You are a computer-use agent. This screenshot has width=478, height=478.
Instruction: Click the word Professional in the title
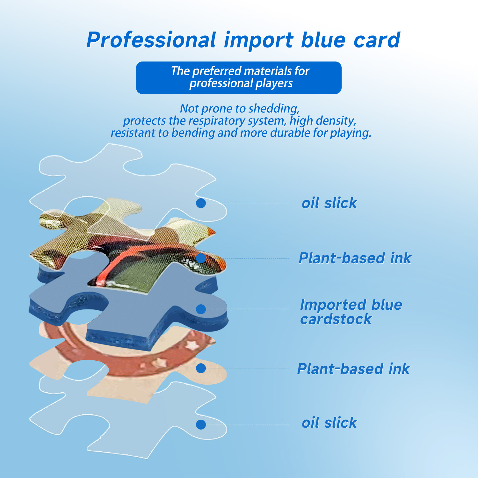coord(151,40)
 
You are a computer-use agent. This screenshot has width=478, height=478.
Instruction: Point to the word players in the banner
coord(274,83)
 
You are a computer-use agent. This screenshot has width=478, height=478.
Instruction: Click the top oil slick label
coord(330,203)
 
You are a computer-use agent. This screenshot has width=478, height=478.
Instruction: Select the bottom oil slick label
coord(330,423)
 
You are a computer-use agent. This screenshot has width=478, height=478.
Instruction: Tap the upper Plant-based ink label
coord(355,258)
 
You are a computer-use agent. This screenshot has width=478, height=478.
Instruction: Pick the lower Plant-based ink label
coord(353,369)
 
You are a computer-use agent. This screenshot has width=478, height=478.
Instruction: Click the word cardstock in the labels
coord(336,319)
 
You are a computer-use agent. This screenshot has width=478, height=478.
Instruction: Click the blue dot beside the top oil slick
coord(201,203)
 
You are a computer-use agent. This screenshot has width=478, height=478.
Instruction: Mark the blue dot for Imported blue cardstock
coord(201,309)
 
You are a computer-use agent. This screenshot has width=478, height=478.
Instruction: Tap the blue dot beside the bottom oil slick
coord(201,424)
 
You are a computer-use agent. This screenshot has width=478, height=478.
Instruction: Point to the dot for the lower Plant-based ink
coord(201,368)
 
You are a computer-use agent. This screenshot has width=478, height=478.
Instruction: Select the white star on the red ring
coord(192,344)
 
